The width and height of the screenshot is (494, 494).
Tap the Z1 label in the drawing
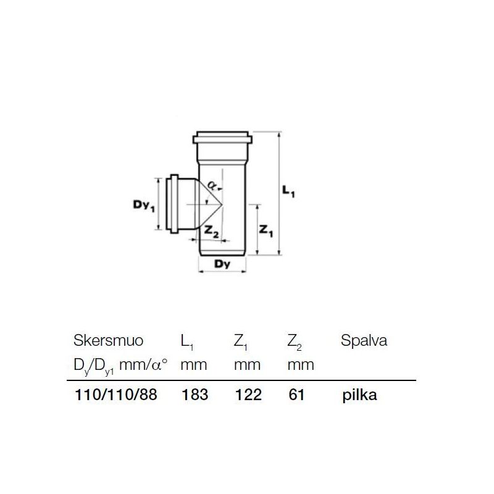tap(265, 231)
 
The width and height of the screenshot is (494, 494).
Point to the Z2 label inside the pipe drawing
tap(212, 232)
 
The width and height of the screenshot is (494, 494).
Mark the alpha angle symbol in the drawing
tap(212, 184)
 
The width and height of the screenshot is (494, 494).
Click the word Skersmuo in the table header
tap(109, 341)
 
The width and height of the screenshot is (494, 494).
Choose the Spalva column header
tap(364, 341)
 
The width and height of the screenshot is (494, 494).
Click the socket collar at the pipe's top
tap(222, 137)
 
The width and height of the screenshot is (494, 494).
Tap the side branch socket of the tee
tap(177, 204)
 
